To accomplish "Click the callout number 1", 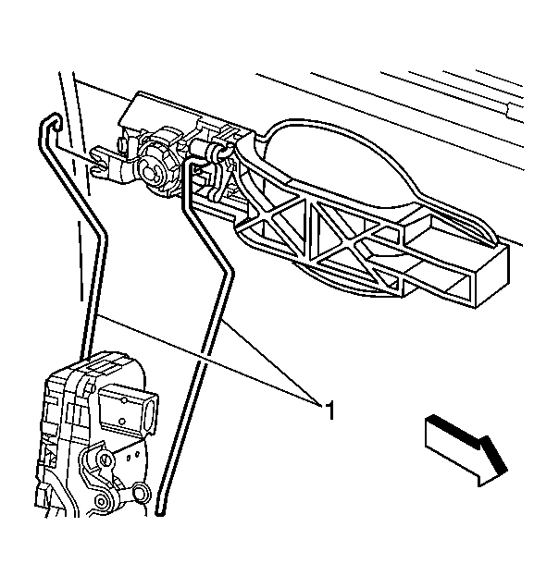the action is [329, 410].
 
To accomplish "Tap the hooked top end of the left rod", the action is [50, 121].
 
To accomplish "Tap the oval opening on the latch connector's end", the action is [151, 410].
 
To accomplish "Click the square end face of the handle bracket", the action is [492, 276].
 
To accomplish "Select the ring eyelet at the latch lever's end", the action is [142, 492].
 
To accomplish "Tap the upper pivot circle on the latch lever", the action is [106, 459].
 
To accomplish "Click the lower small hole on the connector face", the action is [122, 421].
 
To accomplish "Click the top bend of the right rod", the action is [187, 164].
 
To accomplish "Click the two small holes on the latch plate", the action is [132, 455].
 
